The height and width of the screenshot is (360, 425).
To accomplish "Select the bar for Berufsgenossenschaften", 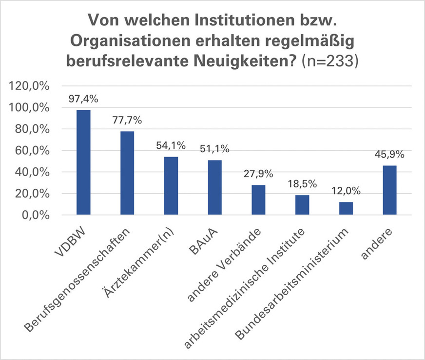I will [127, 173].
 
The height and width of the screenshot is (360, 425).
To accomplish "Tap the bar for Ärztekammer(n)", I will [171, 186].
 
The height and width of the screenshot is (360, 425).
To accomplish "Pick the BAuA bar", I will [215, 188].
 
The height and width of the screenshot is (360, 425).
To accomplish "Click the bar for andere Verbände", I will [258, 200].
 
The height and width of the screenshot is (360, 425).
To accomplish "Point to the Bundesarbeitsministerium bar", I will [346, 208].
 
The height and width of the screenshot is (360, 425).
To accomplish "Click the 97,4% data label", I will [84, 99].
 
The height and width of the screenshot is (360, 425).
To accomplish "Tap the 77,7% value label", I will [127, 120].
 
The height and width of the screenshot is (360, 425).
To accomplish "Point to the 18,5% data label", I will [303, 184].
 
